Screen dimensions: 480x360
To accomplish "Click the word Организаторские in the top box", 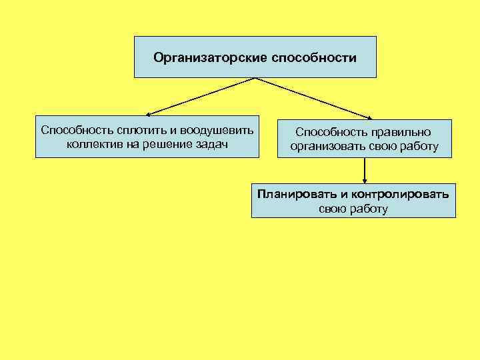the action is pyautogui.click(x=210, y=58).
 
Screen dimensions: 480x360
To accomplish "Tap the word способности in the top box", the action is pyautogui.click(x=314, y=58).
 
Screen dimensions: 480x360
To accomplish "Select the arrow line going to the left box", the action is pyautogui.click(x=200, y=97).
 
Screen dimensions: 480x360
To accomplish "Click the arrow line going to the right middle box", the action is pyautogui.click(x=313, y=97).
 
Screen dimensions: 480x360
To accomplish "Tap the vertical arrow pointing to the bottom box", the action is pyautogui.click(x=365, y=170).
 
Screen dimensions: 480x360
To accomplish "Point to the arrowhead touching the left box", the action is pyautogui.click(x=149, y=115).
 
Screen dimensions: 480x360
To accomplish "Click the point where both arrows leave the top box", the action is pyautogui.click(x=255, y=78).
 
